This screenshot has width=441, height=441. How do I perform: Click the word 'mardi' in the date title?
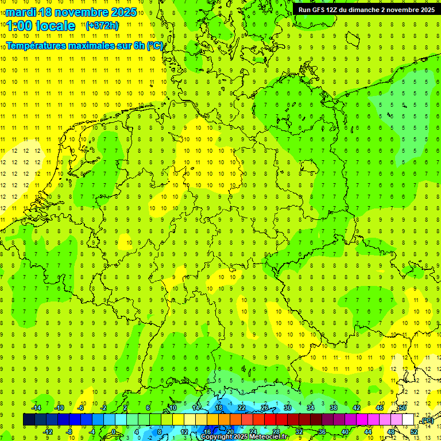click(x=20, y=12)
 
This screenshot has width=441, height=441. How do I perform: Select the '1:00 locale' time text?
click(x=41, y=26)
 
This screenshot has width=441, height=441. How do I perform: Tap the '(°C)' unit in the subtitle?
click(x=155, y=45)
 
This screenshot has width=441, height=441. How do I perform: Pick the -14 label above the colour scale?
click(x=36, y=408)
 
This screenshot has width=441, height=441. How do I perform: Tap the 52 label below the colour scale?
click(x=413, y=431)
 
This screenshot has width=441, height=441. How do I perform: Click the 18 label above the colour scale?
click(x=218, y=408)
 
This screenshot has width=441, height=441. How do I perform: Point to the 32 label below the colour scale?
click(x=299, y=431)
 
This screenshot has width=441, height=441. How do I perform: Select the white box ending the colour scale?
click(x=408, y=419)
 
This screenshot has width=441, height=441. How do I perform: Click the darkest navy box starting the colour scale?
click(x=29, y=419)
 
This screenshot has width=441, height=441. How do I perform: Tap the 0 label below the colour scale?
click(x=114, y=431)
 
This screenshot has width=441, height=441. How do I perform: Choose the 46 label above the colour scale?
click(x=379, y=408)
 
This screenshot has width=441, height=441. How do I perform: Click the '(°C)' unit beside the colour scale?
click(x=427, y=421)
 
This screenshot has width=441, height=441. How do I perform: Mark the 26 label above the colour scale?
click(x=264, y=408)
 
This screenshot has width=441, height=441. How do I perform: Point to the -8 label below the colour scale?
click(x=69, y=431)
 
